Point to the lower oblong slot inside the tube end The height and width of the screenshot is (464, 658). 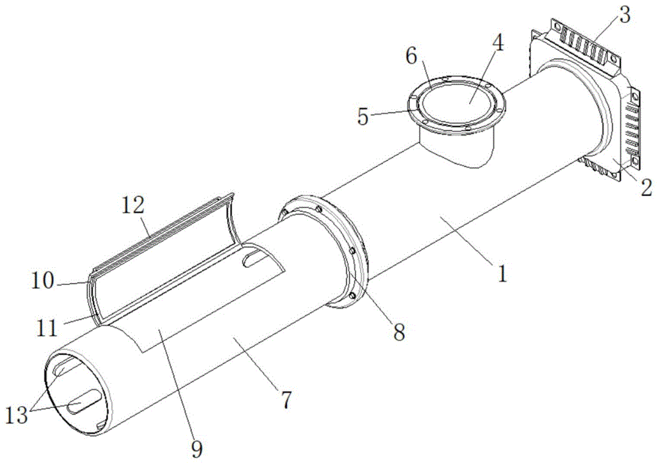(84, 400)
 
